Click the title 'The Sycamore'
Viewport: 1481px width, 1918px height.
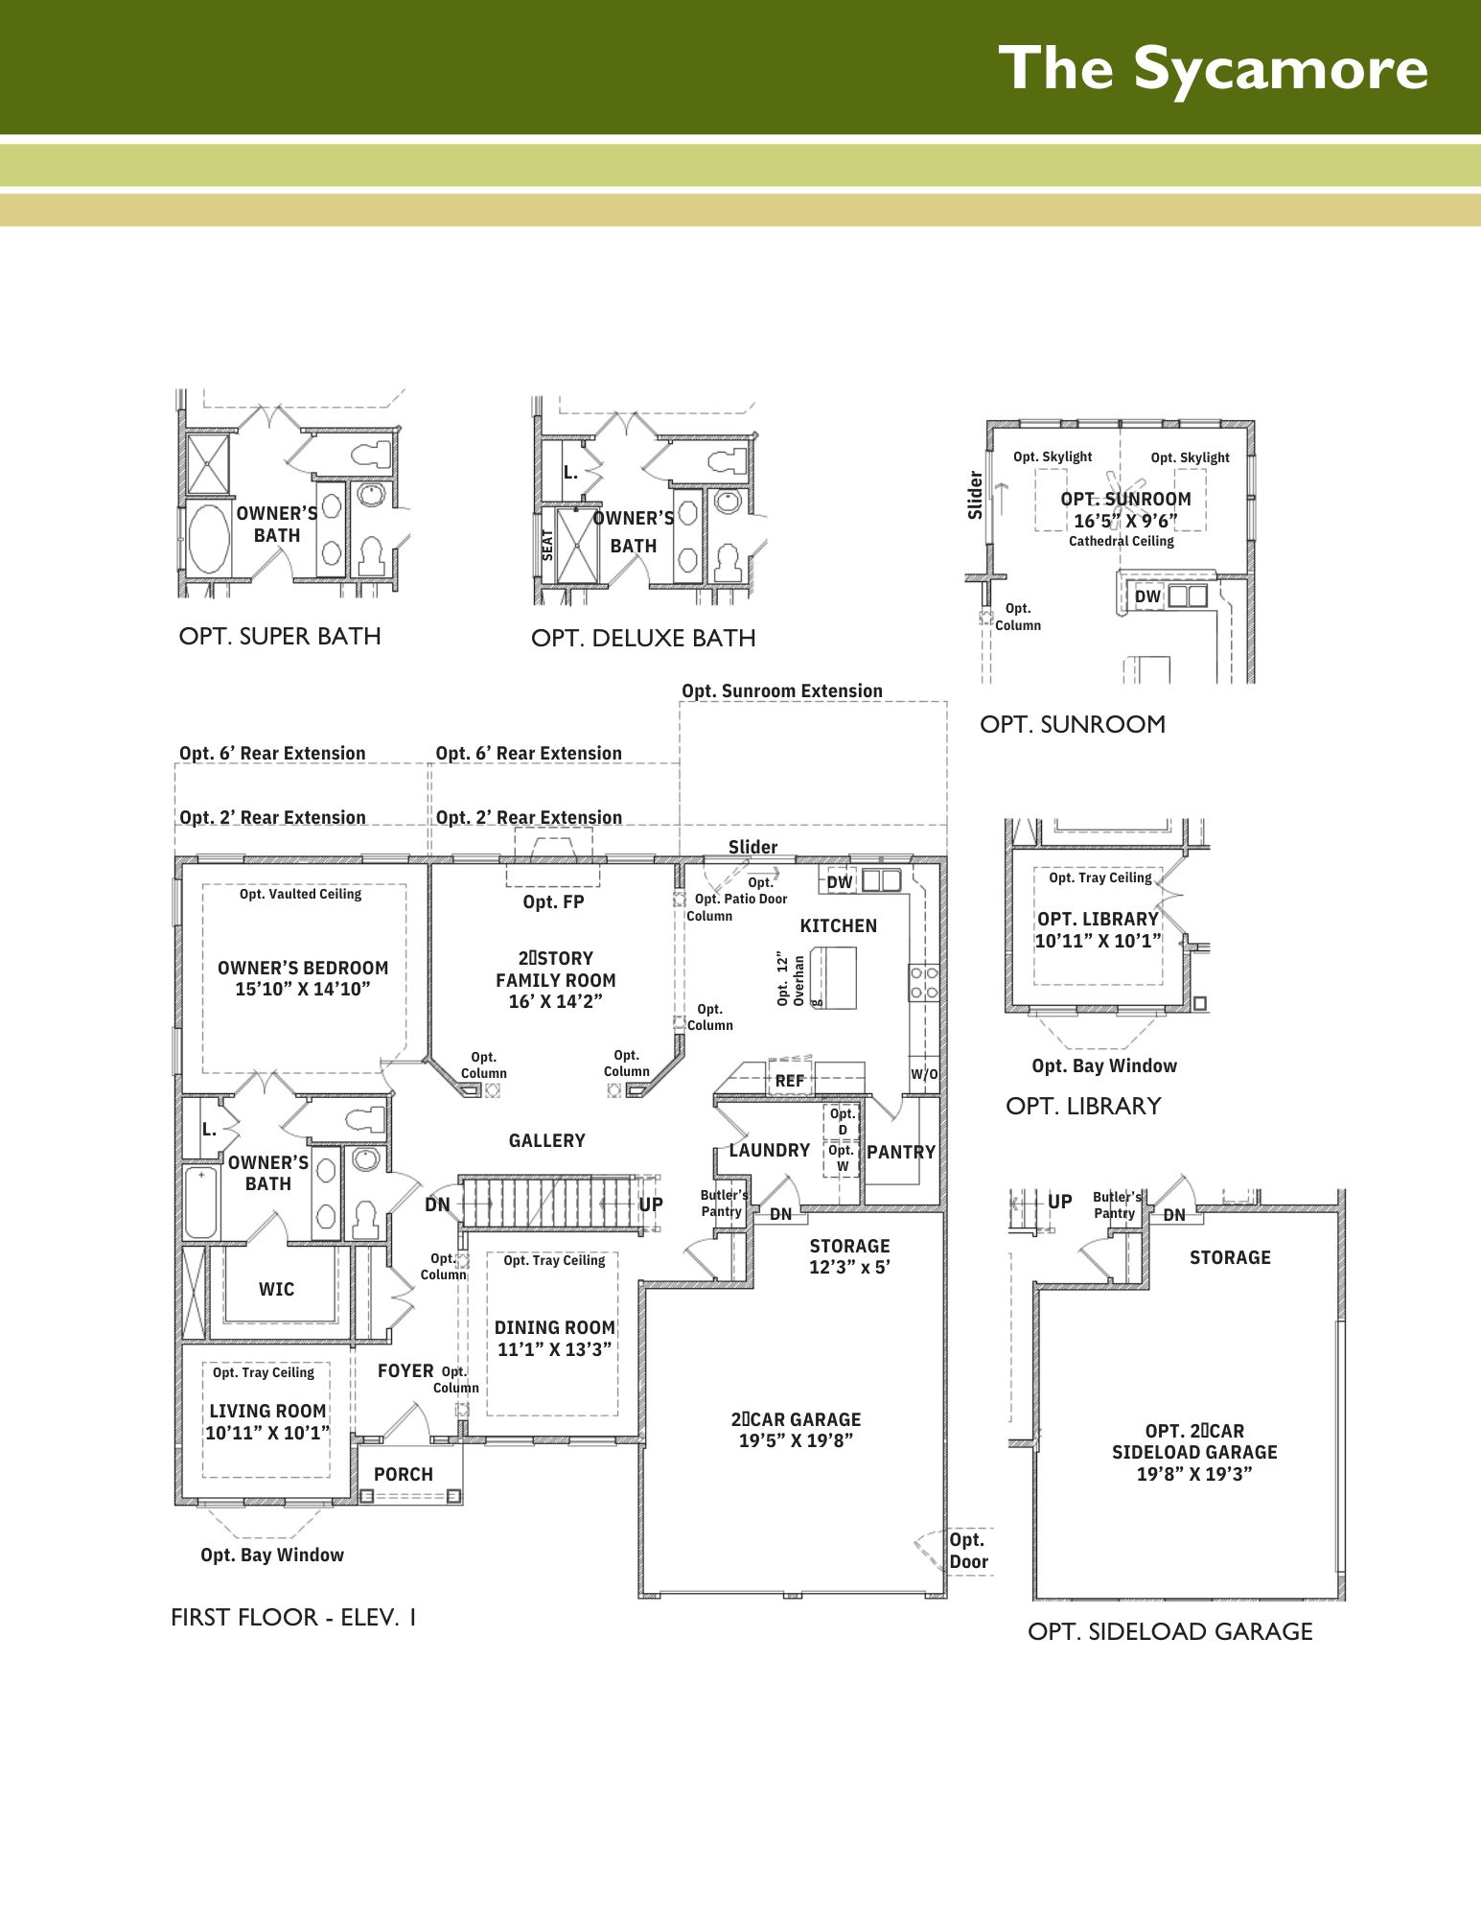(x=1213, y=69)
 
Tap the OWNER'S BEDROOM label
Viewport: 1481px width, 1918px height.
(x=303, y=978)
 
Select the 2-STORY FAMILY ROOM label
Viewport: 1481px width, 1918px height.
(x=556, y=979)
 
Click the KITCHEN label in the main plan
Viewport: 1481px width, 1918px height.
(x=839, y=925)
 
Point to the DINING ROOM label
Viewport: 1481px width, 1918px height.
(x=555, y=1338)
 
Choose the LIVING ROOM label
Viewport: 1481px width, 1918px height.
(x=267, y=1421)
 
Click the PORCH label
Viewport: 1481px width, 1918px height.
(x=404, y=1474)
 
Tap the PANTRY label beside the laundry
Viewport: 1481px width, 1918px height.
(x=901, y=1152)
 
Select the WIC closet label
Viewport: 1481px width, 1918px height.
(x=276, y=1289)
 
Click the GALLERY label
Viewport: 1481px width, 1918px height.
(x=546, y=1140)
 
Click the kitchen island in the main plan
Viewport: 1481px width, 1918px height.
(x=833, y=977)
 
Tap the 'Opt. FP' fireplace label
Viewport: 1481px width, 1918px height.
(x=553, y=901)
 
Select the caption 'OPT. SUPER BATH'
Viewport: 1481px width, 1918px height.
(x=280, y=636)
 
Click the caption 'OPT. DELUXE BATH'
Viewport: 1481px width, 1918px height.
(x=643, y=638)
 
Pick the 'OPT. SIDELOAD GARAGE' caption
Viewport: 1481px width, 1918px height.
(x=1170, y=1631)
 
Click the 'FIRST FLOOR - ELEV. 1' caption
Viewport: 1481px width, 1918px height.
(x=293, y=1617)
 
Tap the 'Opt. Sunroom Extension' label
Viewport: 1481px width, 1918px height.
(x=782, y=690)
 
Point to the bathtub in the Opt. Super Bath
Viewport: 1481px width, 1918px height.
(x=208, y=537)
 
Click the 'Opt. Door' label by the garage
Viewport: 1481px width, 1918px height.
(x=968, y=1551)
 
